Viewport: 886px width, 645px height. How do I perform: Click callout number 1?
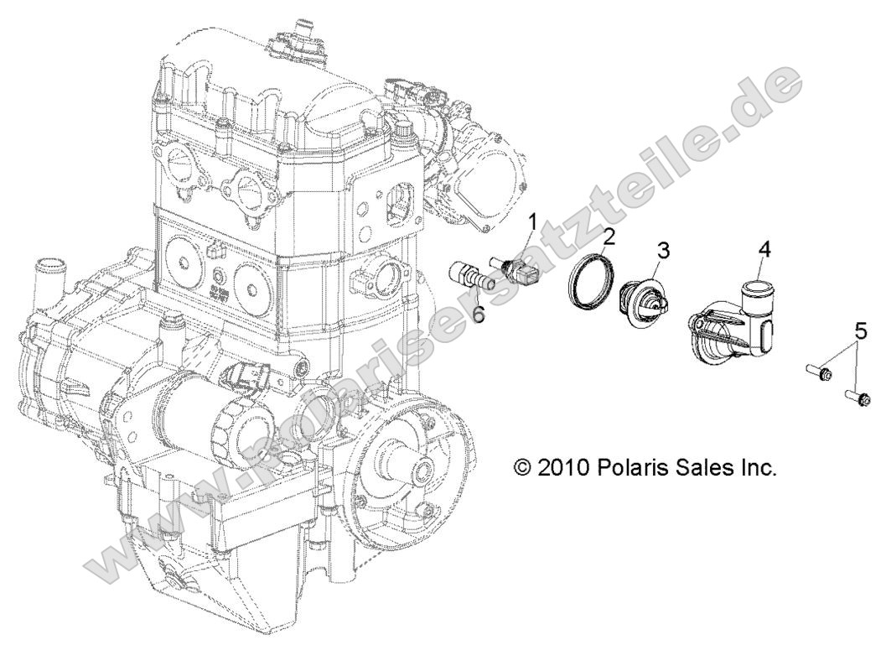pos(531,222)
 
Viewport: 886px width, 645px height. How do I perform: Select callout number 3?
pos(663,249)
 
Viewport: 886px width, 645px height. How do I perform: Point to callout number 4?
pos(764,249)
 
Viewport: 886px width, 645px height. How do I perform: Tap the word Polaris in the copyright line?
pos(639,466)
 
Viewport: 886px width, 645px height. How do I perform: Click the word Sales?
pos(712,466)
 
